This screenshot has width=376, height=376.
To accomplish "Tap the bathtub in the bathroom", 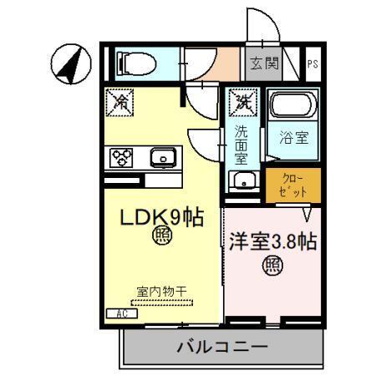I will (x=293, y=106).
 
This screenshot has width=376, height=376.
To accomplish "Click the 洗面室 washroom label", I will (x=241, y=144).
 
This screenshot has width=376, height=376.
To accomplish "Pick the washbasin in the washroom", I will (x=243, y=181).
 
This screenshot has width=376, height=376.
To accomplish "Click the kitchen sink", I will (x=161, y=156).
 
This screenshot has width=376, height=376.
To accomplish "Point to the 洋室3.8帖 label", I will (x=272, y=242).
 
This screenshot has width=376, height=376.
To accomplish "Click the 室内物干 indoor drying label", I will (x=161, y=292).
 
